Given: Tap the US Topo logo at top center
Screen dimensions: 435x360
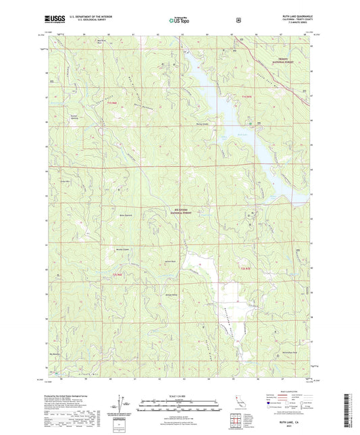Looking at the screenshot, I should click(x=178, y=20).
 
